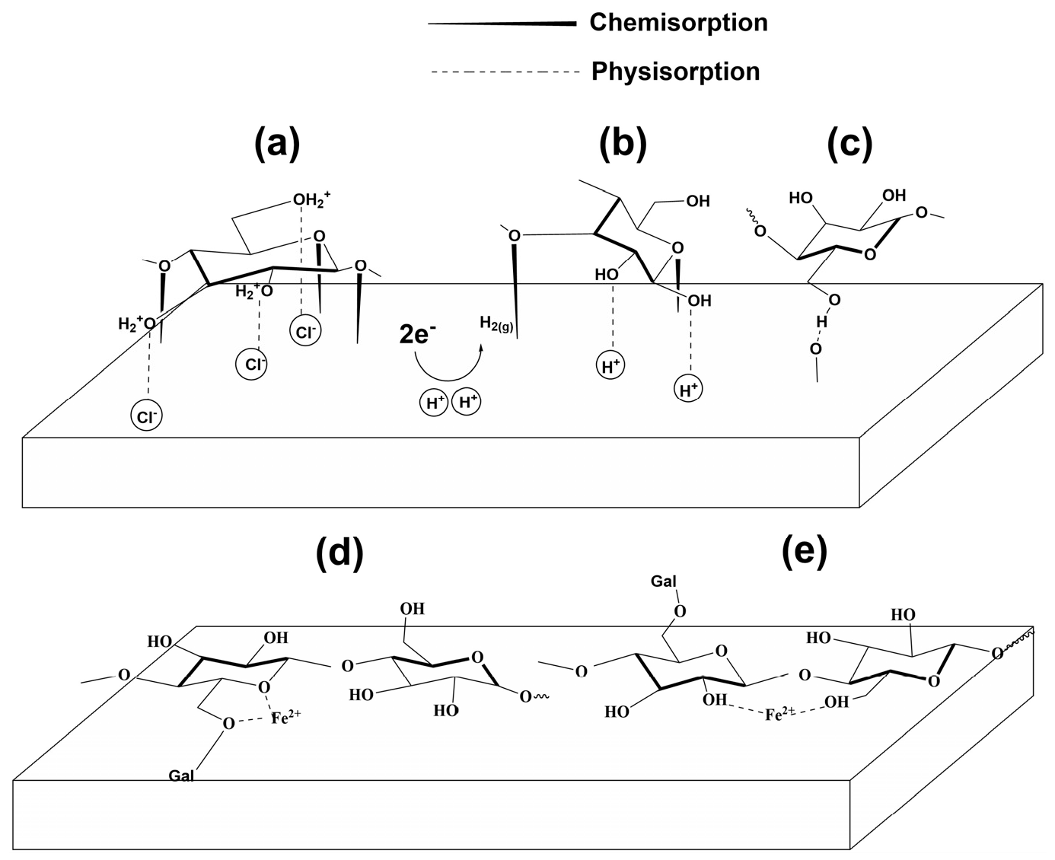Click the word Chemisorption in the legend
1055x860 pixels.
pos(678,23)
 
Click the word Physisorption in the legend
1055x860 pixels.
pos(675,72)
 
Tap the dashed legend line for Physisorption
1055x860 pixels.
pos(505,72)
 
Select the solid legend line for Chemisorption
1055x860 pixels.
pos(502,24)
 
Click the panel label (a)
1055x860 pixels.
pos(277,142)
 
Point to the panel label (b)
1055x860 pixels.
pos(623,142)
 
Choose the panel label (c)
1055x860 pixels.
pos(849,142)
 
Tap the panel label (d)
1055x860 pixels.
pos(339,553)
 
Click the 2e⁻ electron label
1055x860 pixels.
pos(418,333)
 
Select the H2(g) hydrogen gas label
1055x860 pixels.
pos(496,323)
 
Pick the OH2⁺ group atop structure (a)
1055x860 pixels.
pos(313,202)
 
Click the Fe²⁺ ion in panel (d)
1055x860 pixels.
pos(282,717)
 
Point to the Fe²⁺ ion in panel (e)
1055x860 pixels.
pos(780,714)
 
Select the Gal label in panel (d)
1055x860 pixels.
pos(180,776)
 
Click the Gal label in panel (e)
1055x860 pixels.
pos(663,581)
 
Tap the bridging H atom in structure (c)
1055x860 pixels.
pos(821,323)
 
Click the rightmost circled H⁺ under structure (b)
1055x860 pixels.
pos(689,390)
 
